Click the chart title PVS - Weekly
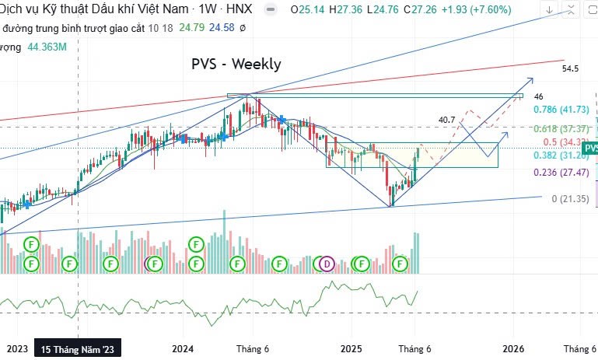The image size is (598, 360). tap(236, 65)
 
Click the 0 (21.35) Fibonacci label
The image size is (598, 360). tap(572, 200)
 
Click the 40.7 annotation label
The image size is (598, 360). tap(446, 120)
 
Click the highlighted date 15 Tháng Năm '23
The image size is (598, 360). tap(78, 350)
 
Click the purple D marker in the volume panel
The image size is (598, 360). tap(327, 264)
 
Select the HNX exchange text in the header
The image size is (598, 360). tap(239, 10)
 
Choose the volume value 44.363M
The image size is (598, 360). tap(47, 47)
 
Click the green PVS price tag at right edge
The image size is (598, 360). tap(590, 148)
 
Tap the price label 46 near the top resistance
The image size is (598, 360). tap(538, 96)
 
